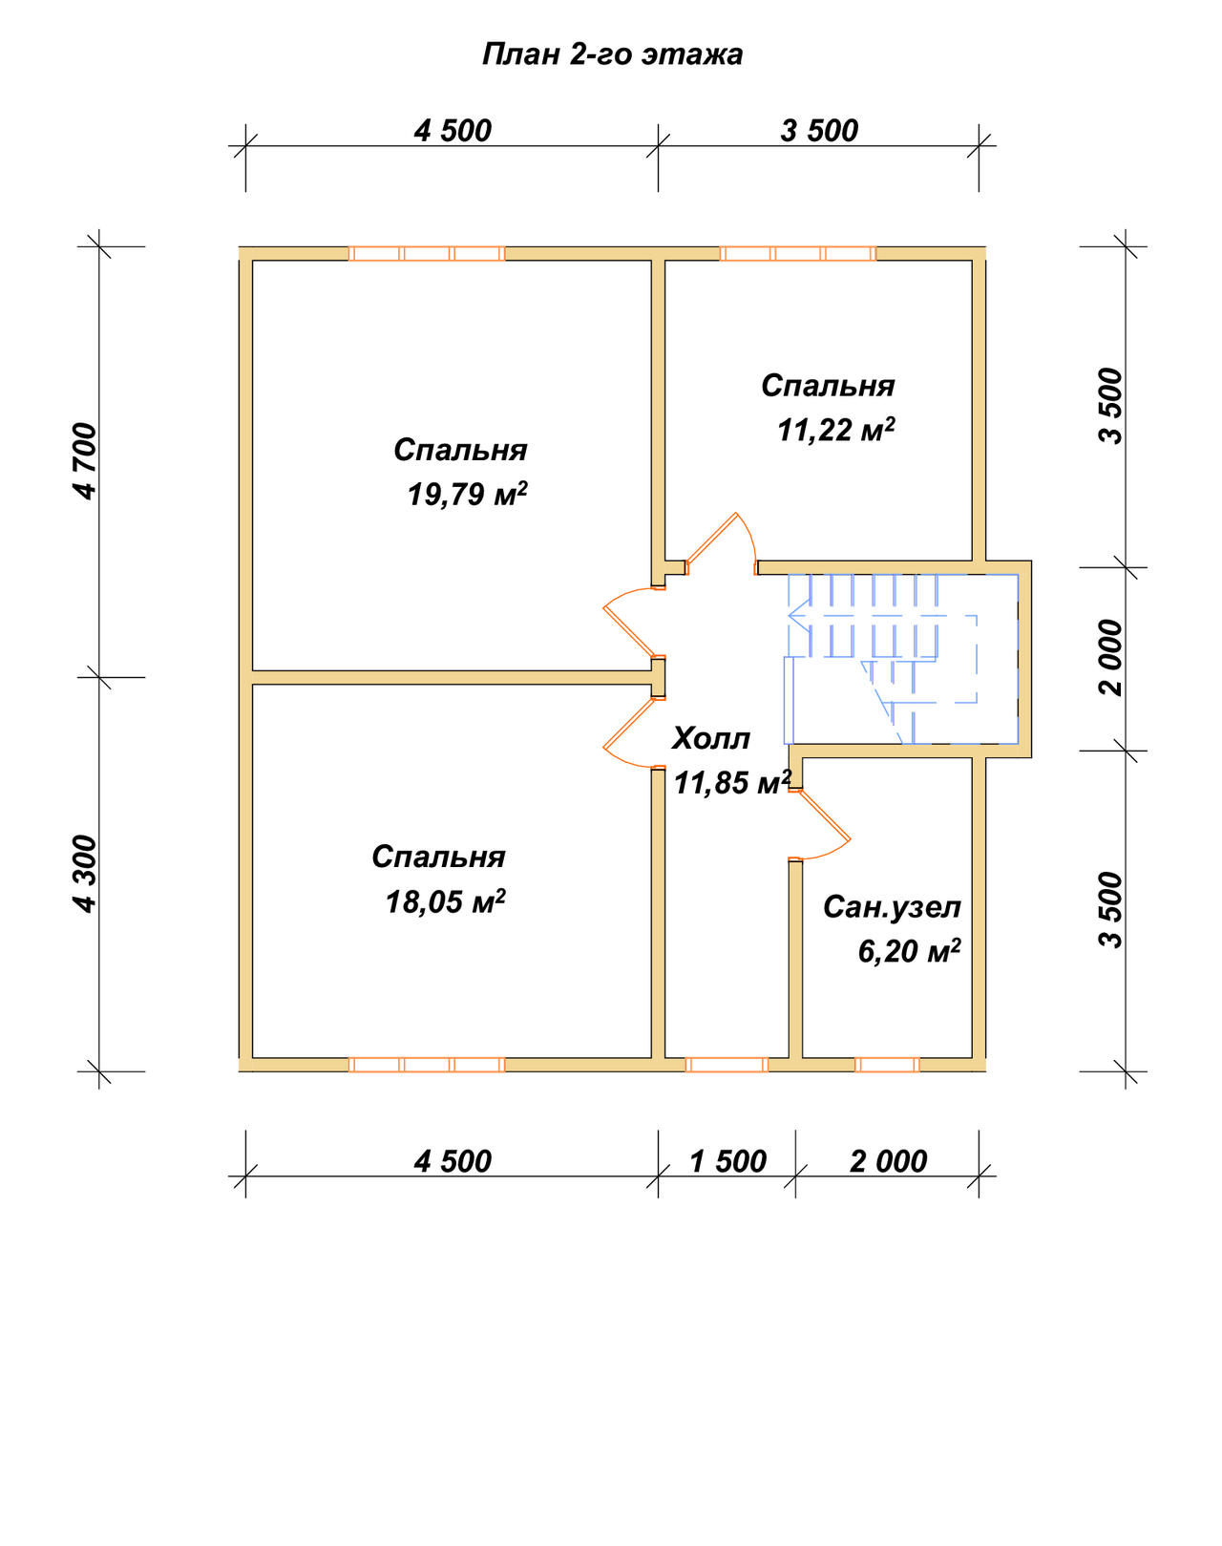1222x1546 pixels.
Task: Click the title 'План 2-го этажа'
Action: [612, 54]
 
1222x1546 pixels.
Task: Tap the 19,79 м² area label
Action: [468, 495]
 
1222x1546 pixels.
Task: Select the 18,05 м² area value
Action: [446, 901]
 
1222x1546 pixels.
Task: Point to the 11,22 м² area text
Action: [836, 430]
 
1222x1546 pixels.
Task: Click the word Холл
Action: [710, 738]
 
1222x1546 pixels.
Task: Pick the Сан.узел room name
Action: [892, 907]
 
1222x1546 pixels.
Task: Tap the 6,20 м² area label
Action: [909, 951]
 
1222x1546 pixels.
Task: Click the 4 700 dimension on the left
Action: [85, 461]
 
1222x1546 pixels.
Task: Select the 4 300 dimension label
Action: [85, 875]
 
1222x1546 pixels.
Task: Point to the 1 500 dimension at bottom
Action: [727, 1162]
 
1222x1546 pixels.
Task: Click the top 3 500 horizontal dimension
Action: [819, 131]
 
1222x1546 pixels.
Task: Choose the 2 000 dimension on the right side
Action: [1110, 657]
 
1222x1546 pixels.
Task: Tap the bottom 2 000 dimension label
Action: [889, 1162]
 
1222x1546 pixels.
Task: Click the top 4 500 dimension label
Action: [453, 131]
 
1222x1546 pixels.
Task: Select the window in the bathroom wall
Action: [887, 1065]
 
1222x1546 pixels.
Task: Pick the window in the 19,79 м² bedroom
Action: [427, 254]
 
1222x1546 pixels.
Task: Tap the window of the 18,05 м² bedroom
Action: [427, 1065]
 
